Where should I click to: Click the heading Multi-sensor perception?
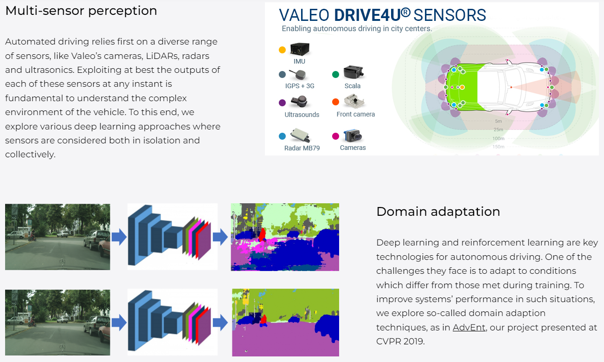point(81,11)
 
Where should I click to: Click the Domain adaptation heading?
point(438,212)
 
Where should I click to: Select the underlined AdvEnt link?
point(469,328)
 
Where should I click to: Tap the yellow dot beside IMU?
point(282,50)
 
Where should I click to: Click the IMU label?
point(299,61)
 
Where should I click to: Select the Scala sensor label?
point(353,86)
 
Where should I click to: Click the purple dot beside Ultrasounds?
point(282,103)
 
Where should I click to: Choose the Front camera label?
point(356,114)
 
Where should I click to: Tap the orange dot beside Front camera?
point(336,102)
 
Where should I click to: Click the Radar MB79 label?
point(302,148)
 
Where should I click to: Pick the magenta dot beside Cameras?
point(336,136)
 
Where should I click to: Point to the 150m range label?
point(498,147)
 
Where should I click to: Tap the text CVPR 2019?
point(400,342)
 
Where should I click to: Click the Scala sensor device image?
point(353,72)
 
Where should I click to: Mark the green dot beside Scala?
point(336,74)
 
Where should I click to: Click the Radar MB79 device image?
point(301,136)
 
